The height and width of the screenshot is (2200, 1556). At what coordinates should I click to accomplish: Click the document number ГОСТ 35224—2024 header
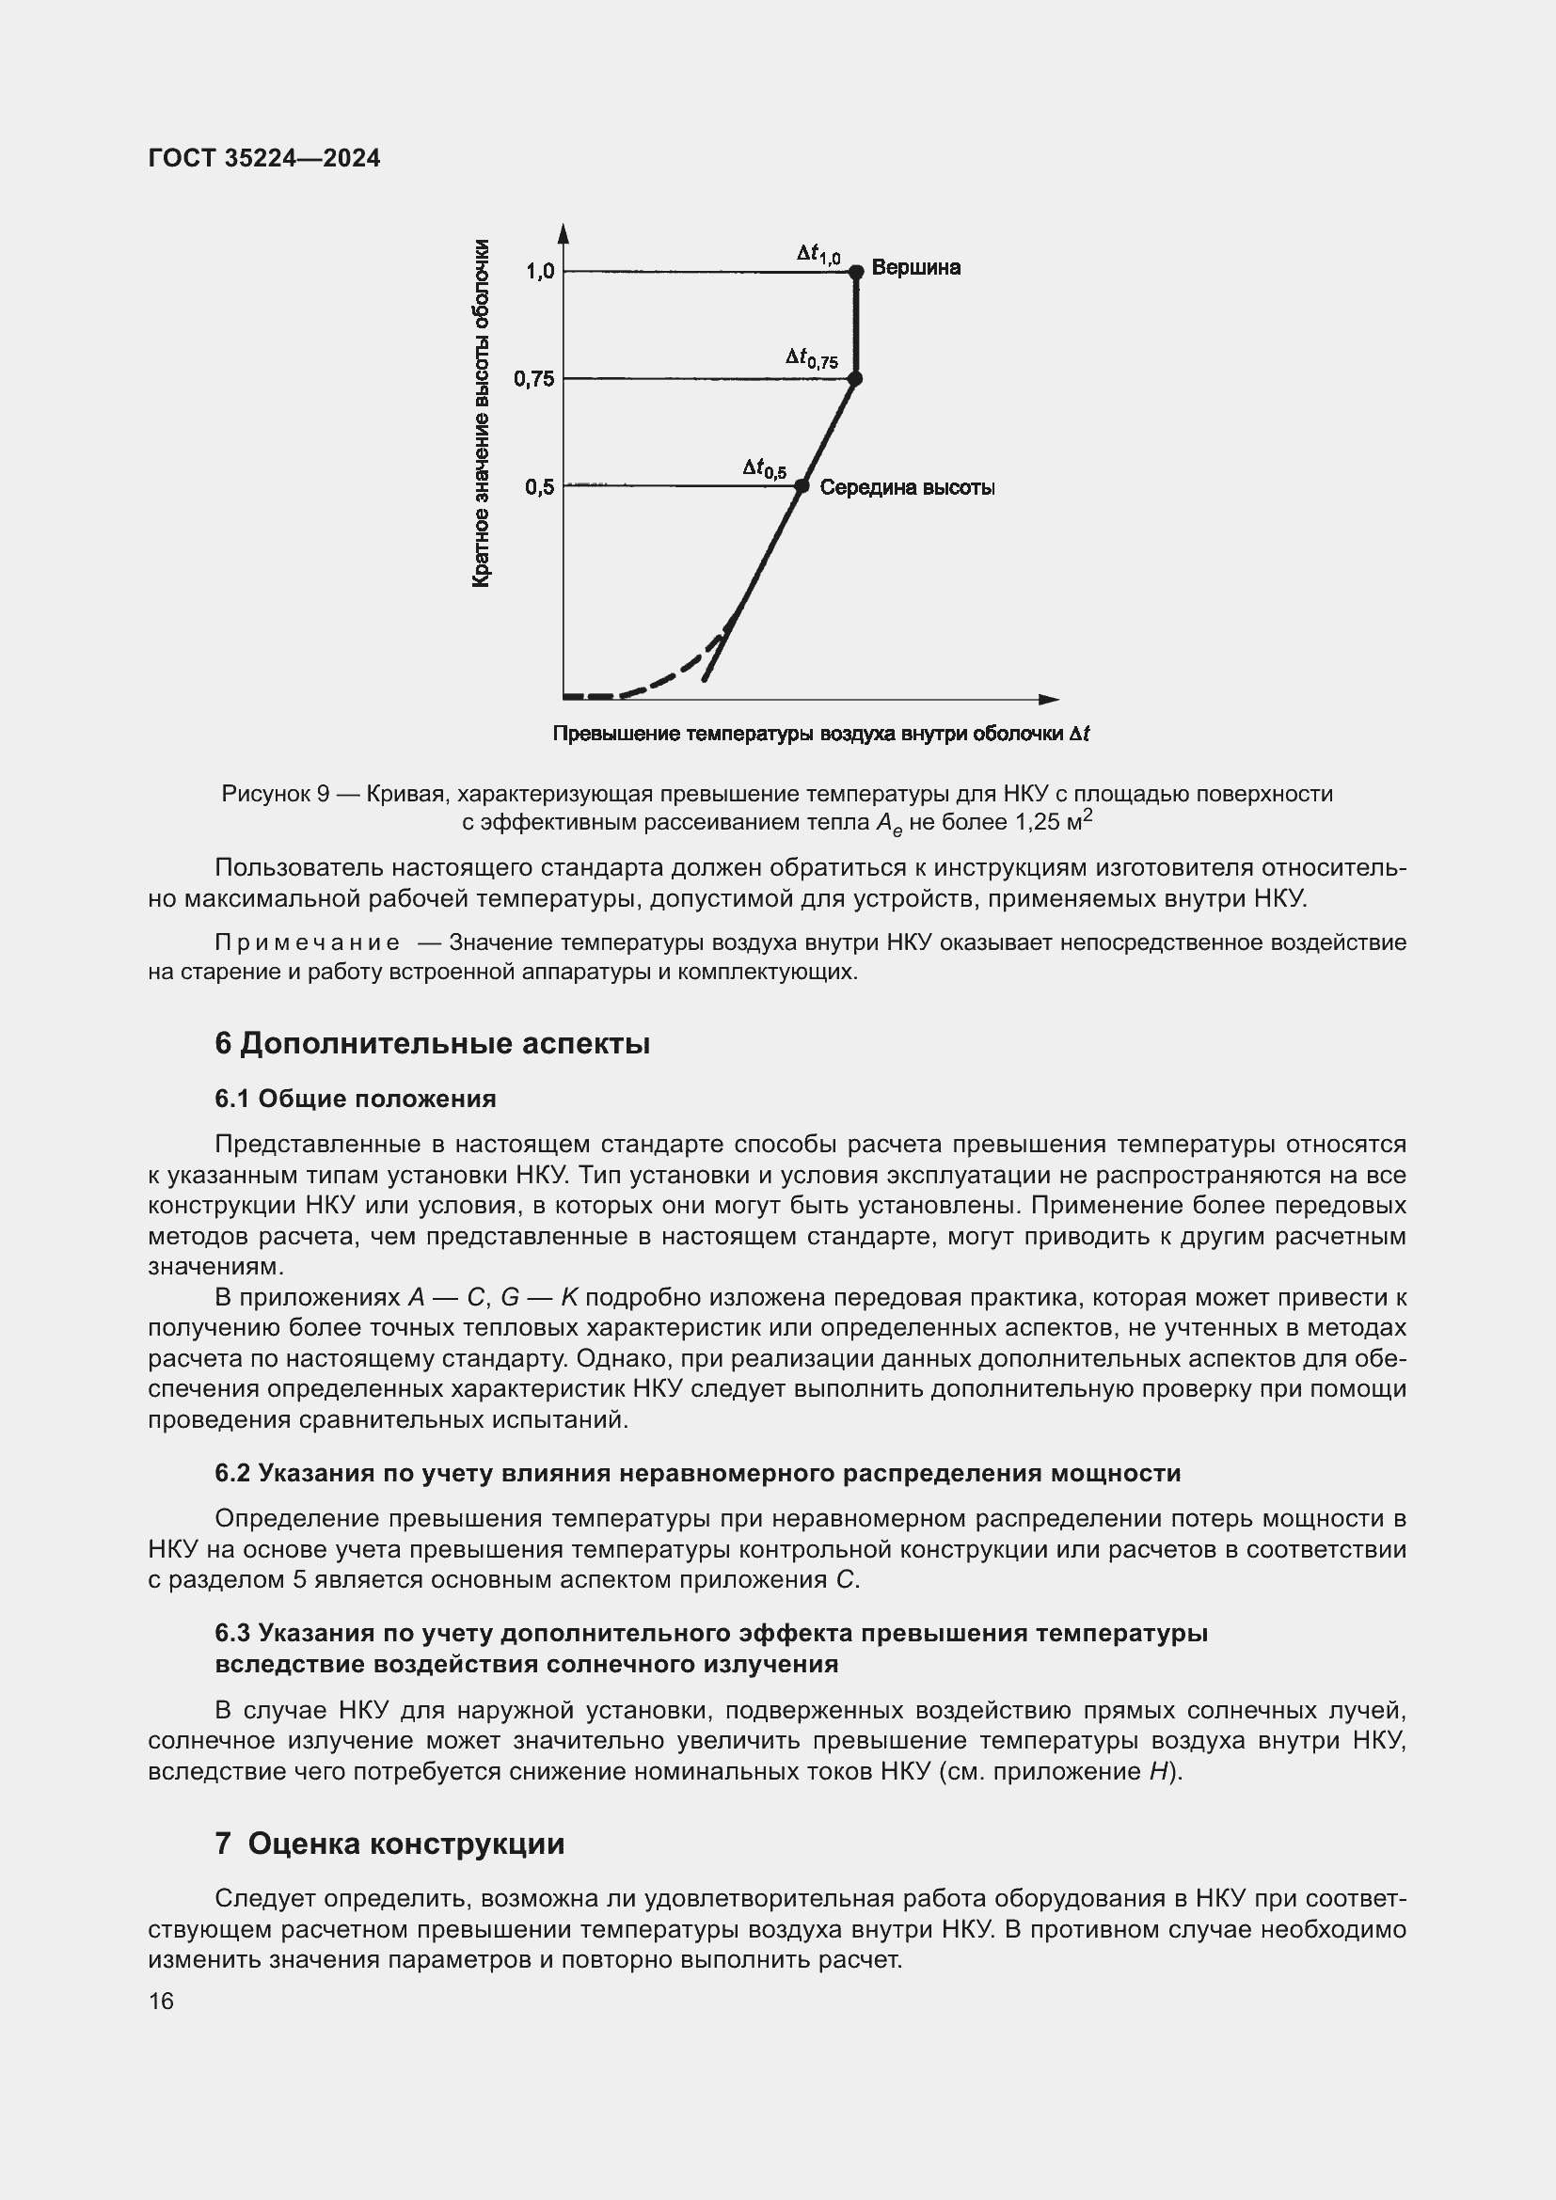coord(264,159)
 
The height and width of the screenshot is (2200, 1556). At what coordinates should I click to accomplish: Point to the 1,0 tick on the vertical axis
coord(540,272)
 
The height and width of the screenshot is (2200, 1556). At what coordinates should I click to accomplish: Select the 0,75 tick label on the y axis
coord(533,379)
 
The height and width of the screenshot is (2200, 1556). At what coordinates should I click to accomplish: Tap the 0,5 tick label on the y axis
coord(539,488)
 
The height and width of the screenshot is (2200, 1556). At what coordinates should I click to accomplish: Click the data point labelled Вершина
coord(857,271)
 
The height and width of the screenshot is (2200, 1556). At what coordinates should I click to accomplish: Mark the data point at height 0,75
coord(855,379)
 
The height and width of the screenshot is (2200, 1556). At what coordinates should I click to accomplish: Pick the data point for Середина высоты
coord(802,487)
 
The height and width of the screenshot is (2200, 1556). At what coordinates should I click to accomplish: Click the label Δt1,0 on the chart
coord(818,253)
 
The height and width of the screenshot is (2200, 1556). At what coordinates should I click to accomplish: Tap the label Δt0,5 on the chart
coord(765,467)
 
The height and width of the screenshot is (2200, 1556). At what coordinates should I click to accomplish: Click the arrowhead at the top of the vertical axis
coord(564,234)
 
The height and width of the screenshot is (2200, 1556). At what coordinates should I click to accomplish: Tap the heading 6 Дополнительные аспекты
coord(432,1043)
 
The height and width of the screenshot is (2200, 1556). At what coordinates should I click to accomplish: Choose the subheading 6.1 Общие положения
coord(356,1098)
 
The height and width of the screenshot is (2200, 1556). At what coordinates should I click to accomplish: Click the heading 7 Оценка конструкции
coord(389,1844)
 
